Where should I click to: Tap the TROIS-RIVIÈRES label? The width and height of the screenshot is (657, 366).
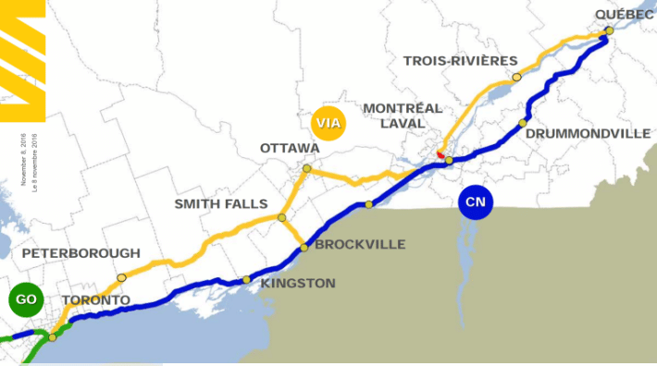point(460,61)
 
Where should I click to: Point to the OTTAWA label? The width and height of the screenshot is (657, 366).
point(290,148)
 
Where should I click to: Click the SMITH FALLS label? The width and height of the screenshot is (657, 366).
point(220,203)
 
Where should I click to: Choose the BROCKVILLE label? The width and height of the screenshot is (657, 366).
point(360,245)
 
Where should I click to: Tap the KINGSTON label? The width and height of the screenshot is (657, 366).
point(298,283)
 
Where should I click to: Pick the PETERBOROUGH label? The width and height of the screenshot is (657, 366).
point(81,253)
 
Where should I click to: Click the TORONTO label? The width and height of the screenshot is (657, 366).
point(96,300)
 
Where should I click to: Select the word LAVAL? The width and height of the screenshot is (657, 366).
point(402,123)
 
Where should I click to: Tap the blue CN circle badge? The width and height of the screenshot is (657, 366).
point(476,201)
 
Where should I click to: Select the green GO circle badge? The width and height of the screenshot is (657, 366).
point(26,299)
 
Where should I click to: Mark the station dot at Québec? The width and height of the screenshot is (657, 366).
point(609,31)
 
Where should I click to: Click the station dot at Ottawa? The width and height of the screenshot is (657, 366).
point(306,168)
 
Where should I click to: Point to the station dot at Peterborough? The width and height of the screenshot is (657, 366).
point(121,277)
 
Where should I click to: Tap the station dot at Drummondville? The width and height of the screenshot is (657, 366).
point(523,122)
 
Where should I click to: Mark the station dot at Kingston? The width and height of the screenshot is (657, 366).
point(246,279)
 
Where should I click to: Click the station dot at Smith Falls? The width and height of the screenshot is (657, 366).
point(281,218)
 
